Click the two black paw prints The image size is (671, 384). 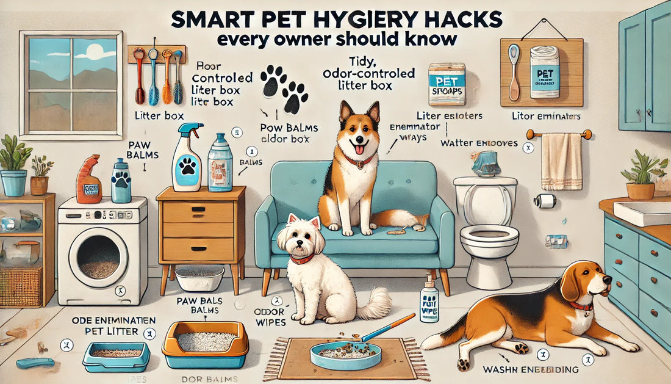click(x=284, y=89)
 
